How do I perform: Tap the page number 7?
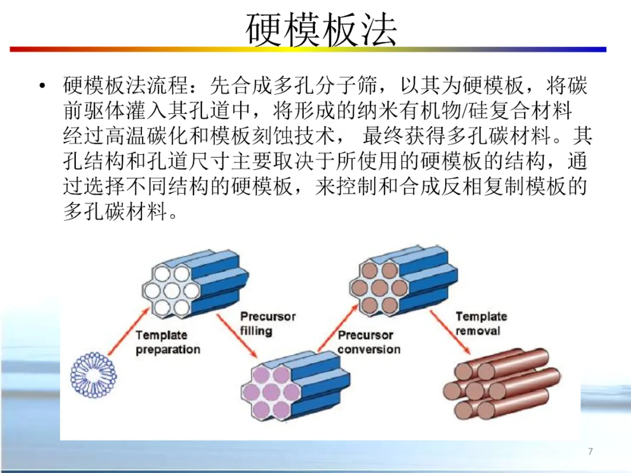[590, 451]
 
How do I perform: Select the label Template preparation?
[168, 342]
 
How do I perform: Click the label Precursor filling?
[268, 323]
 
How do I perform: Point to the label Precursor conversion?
[369, 342]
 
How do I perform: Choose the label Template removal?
[481, 324]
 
